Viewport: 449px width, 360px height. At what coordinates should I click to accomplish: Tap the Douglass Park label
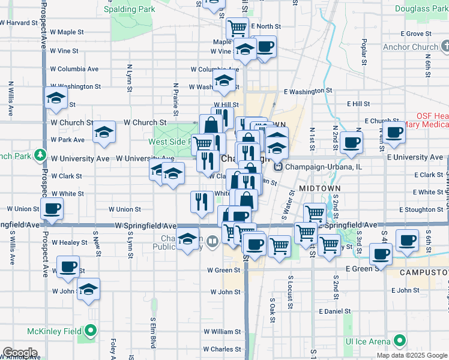pyautogui.click(x=421, y=9)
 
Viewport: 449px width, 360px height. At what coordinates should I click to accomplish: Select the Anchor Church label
pyautogui.click(x=410, y=47)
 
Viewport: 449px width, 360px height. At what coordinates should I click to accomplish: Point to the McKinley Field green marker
pyautogui.click(x=91, y=331)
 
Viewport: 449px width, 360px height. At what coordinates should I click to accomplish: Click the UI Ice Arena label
pyautogui.click(x=367, y=341)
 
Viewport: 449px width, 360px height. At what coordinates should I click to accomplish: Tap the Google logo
pyautogui.click(x=19, y=353)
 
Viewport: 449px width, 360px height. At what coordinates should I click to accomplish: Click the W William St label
pyautogui.click(x=222, y=331)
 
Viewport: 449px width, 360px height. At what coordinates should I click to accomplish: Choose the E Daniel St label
pyautogui.click(x=335, y=311)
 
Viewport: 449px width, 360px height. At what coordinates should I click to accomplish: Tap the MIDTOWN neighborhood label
pyautogui.click(x=320, y=188)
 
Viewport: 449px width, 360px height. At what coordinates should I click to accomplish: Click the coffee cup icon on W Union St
pyautogui.click(x=52, y=209)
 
